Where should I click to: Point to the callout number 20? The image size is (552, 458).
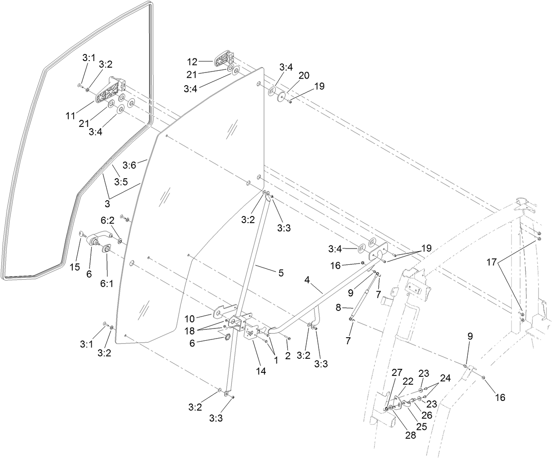coord(304,75)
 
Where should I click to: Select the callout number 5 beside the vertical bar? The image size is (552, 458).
coord(280,273)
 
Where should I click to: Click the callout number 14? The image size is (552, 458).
coord(261,371)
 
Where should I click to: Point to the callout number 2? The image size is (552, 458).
coord(288,356)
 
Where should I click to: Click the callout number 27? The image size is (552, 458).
coord(397,372)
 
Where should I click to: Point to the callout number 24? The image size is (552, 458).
coord(445,377)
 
